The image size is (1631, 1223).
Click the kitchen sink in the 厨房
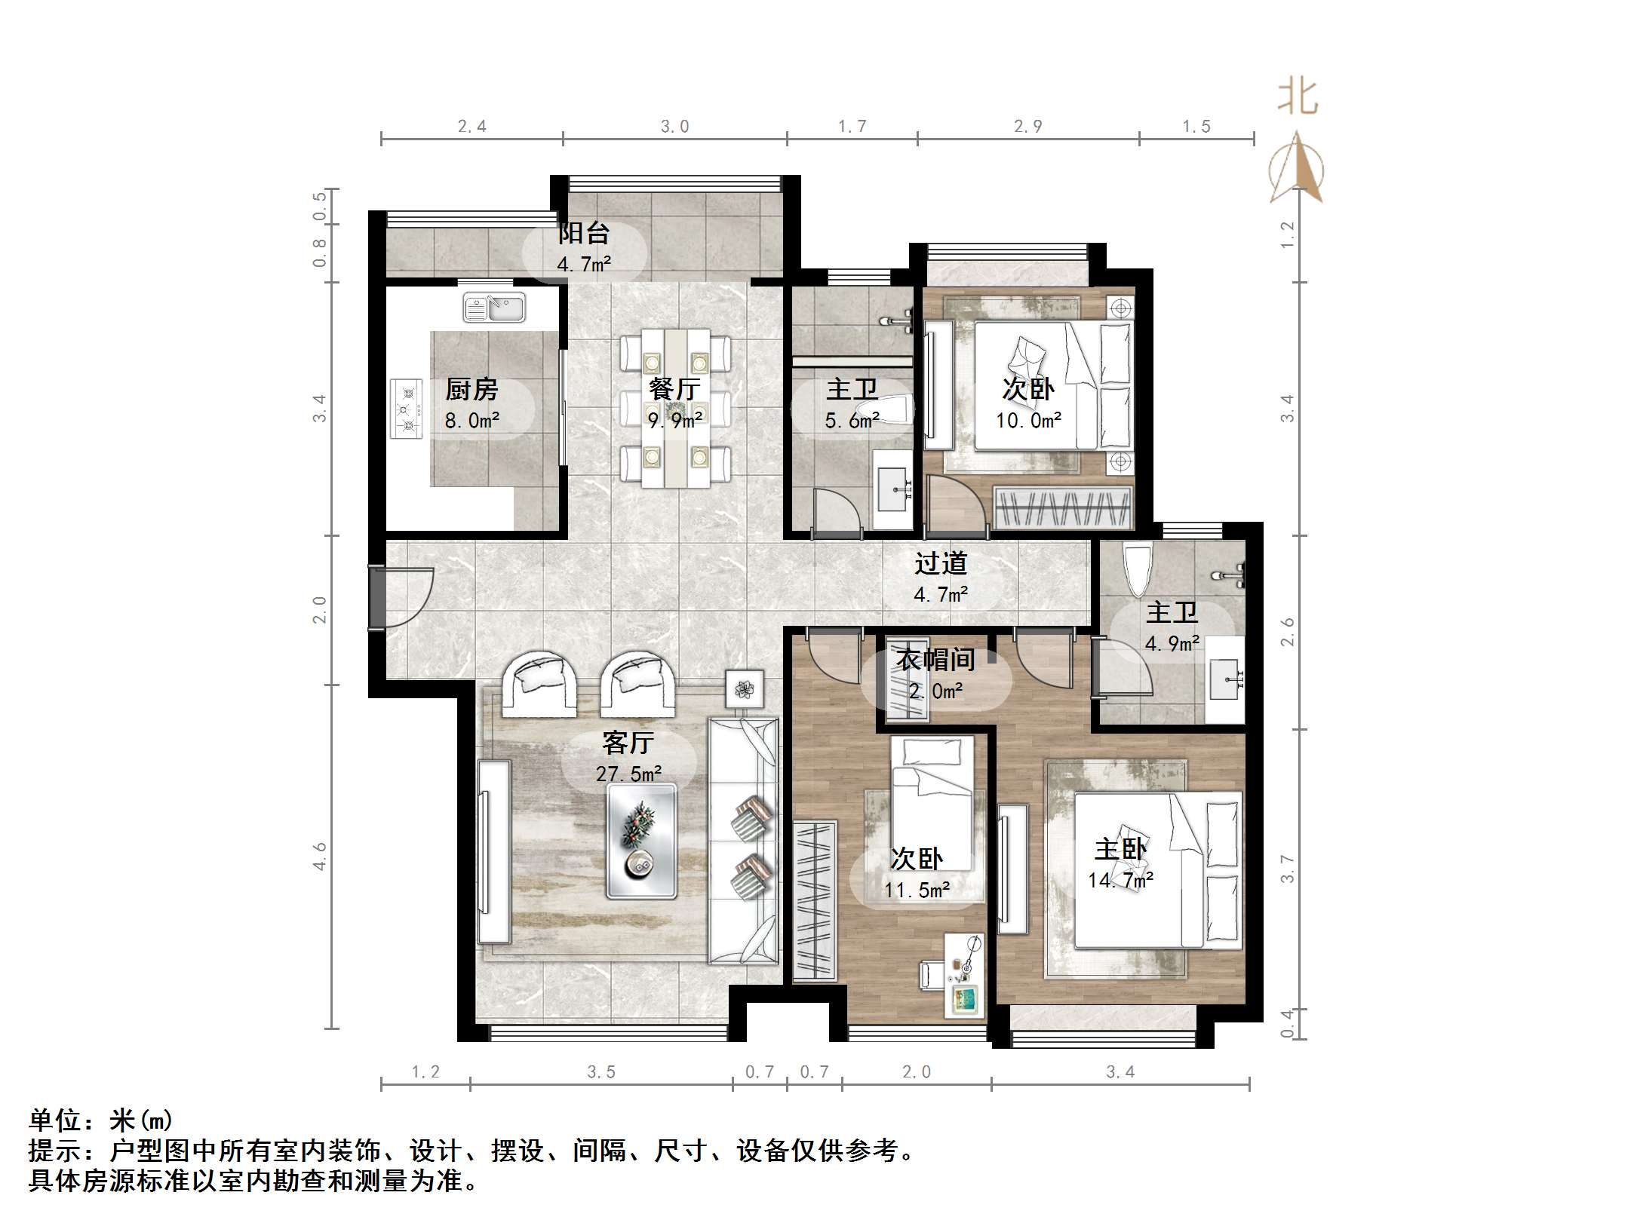(494, 308)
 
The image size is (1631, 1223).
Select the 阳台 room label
(583, 233)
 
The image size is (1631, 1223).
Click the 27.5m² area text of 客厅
(628, 774)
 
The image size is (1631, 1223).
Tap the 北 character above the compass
(1297, 98)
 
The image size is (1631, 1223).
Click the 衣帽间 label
(935, 660)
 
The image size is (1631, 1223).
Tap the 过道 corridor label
(940, 563)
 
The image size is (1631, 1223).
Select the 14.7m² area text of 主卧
(1120, 880)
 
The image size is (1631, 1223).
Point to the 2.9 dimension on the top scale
(1027, 127)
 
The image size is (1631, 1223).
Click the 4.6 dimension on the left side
(320, 857)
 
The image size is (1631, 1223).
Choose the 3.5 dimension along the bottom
(601, 1072)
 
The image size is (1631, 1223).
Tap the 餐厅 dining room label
(674, 389)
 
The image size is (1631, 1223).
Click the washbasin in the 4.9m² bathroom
(1224, 679)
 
